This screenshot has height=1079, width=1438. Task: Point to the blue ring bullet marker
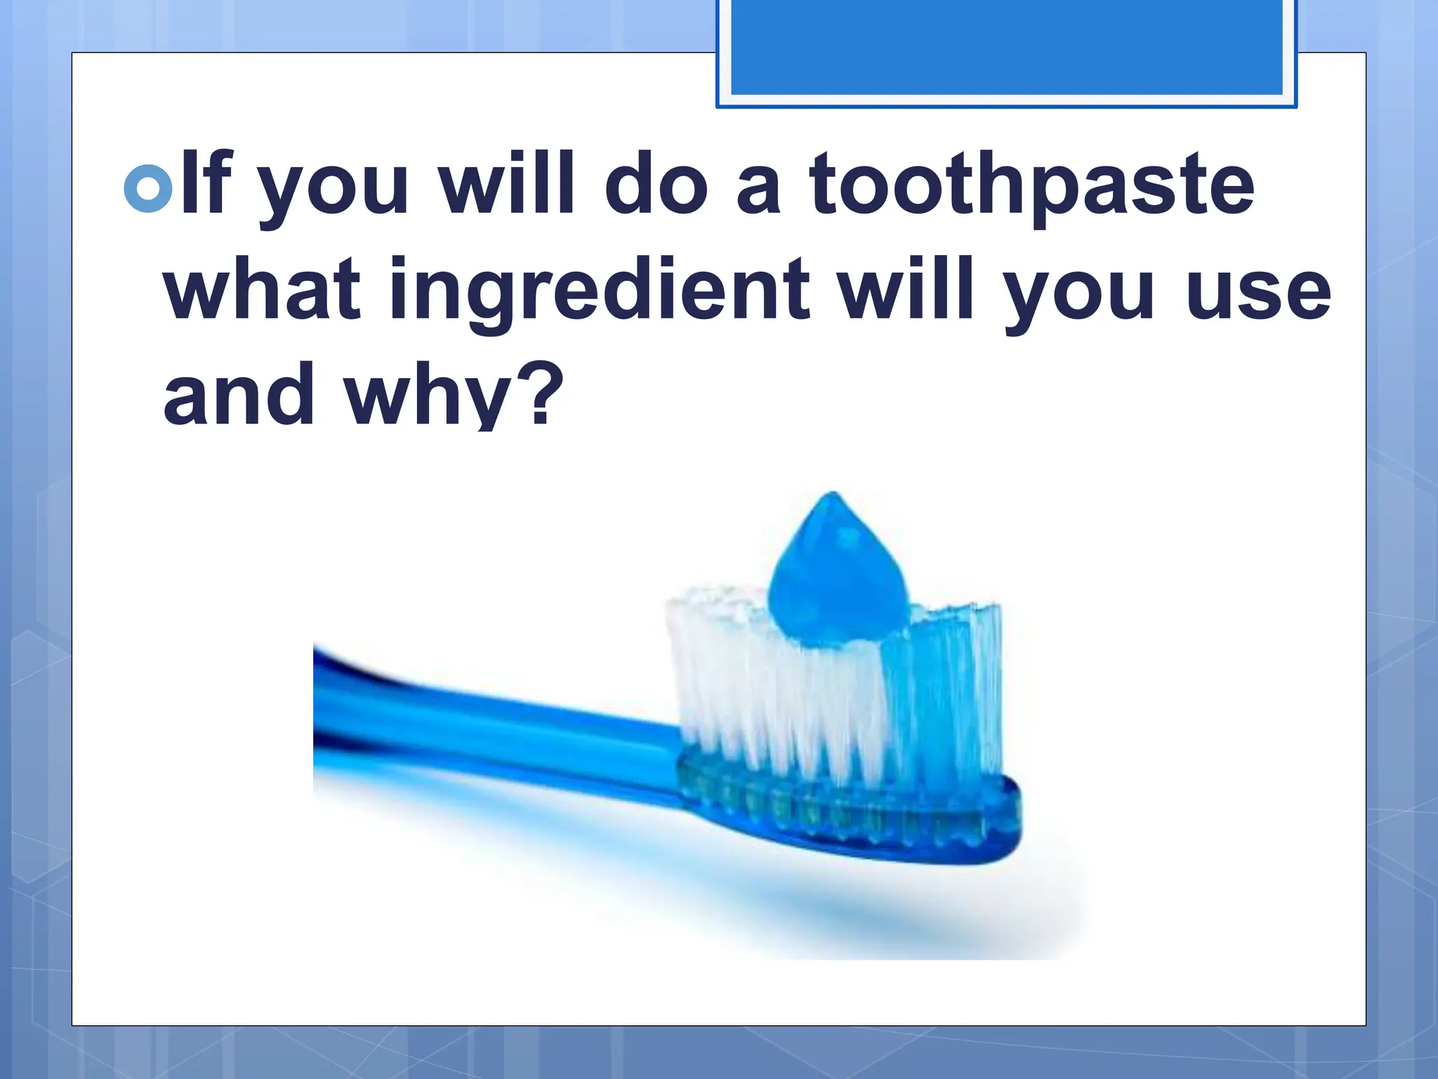pyautogui.click(x=147, y=188)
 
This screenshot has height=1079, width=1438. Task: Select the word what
pyautogui.click(x=263, y=289)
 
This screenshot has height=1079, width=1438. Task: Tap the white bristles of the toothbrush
pyautogui.click(x=758, y=688)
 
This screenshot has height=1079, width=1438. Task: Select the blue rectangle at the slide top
pyautogui.click(x=1006, y=49)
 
